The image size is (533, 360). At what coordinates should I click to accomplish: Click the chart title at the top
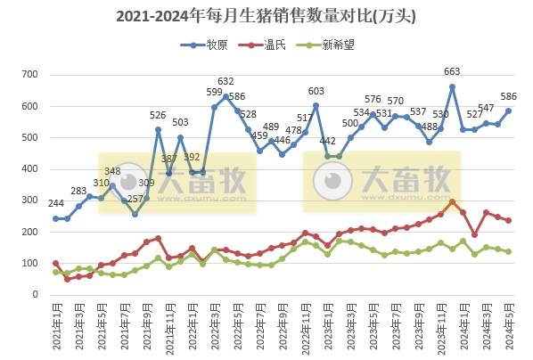pos(266,16)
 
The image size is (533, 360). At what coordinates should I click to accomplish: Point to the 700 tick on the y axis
pos(37,76)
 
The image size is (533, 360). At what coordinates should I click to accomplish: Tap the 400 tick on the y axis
pos(37,169)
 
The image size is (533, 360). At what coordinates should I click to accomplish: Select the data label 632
pos(226,82)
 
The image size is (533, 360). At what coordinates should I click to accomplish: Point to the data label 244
pos(56,204)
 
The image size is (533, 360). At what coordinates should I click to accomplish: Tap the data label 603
pos(316,91)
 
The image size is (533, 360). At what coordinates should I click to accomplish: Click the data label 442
pos(328,142)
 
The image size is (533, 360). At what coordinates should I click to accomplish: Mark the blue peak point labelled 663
pos(453,86)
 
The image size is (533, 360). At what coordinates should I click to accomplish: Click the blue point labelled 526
pos(158,129)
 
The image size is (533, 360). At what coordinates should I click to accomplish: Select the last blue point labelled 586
pos(509,111)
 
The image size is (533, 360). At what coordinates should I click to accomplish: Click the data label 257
pos(135,199)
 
